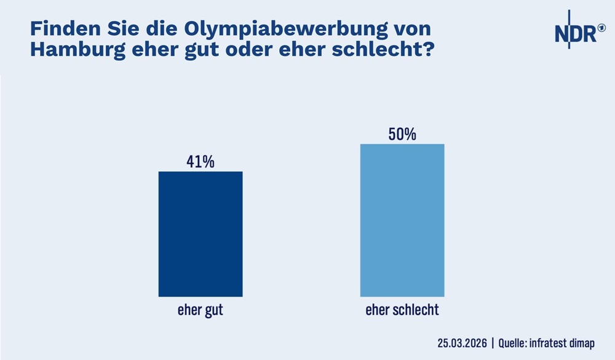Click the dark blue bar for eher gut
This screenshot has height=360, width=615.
pos(200,234)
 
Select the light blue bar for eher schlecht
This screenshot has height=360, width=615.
pos(402,220)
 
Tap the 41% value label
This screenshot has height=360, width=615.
pos(200,162)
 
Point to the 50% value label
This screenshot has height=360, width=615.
pos(402,134)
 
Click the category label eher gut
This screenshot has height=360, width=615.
pos(200,310)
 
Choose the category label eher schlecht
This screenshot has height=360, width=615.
pos(402,310)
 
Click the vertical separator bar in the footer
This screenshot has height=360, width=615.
pos(493,343)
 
